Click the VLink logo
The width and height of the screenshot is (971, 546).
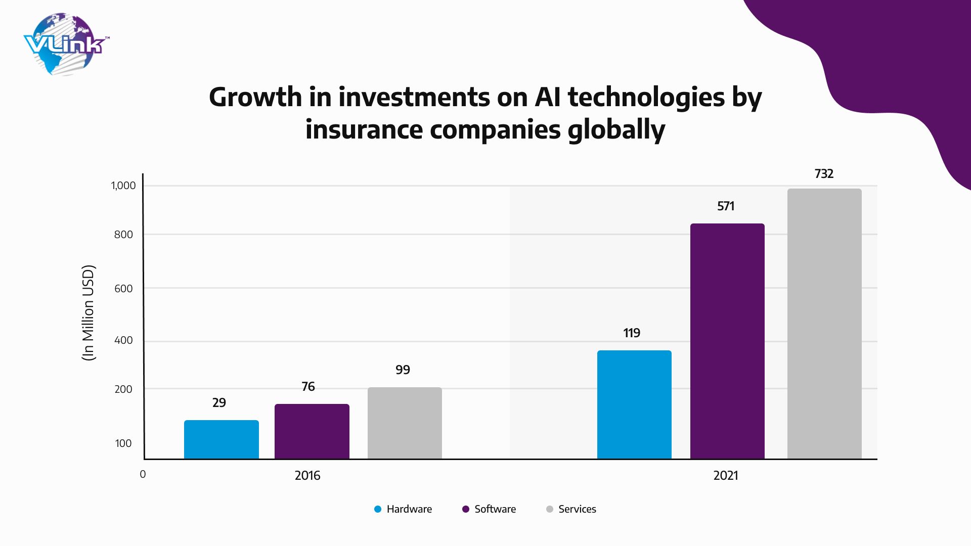[x=66, y=44]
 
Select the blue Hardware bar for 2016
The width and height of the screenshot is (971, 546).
[x=221, y=439]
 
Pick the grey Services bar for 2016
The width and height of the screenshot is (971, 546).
[x=405, y=423]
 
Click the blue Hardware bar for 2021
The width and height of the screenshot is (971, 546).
[x=634, y=404]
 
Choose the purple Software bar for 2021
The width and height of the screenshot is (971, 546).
[x=727, y=341]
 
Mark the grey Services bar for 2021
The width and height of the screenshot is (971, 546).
[x=824, y=324]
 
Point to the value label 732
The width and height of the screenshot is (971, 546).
[x=824, y=174]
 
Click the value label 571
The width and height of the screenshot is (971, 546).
[x=726, y=206]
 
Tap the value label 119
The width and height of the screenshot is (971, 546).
[x=632, y=333]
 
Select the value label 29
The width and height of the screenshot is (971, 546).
[x=219, y=403]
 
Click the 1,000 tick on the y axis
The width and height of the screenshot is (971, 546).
[x=123, y=186]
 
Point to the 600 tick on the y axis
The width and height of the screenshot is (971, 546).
[x=123, y=289]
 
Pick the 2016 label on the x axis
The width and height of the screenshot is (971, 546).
[x=307, y=476]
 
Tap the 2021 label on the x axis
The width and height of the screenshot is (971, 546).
[x=726, y=476]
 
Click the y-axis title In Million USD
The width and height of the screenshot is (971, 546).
[x=89, y=312]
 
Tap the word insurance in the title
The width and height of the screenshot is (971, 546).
[x=364, y=129]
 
